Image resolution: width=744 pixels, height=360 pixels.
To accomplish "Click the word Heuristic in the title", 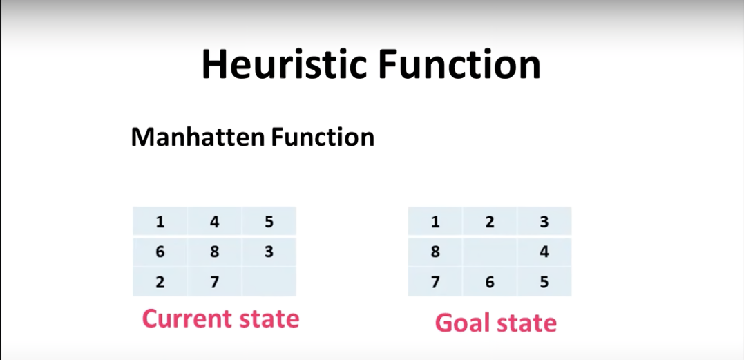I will [284, 64].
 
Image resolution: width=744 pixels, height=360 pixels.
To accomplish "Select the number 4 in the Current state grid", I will [214, 222].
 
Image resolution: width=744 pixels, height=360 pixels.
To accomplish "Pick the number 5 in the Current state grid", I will [269, 222].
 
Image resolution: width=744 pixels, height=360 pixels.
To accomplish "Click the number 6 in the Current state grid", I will [160, 252].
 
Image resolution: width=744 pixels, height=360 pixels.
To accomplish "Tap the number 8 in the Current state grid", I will [214, 252].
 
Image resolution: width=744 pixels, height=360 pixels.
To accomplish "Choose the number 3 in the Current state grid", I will [269, 252].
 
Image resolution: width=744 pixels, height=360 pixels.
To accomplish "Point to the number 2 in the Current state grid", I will [160, 282].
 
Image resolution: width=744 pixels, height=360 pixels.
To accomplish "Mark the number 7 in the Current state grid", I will [214, 282].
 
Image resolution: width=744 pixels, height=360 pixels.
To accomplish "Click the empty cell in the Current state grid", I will [269, 282].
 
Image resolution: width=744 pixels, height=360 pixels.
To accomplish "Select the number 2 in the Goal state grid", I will [490, 222].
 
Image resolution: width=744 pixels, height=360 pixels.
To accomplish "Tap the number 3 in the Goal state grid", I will [544, 222].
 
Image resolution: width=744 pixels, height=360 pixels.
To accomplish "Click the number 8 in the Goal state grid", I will [435, 252].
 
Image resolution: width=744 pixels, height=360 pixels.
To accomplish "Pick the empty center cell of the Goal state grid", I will [490, 252].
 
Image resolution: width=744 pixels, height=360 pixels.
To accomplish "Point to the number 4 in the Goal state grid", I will [544, 252].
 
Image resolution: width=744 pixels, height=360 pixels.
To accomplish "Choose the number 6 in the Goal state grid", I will [490, 282].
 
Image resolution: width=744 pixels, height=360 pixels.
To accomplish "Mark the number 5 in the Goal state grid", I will [544, 282].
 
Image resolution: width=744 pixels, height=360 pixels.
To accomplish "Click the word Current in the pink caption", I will [184, 319].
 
